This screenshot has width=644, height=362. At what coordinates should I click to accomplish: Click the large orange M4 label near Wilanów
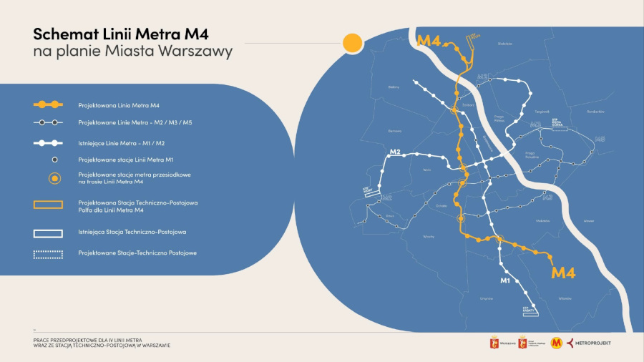(564, 272)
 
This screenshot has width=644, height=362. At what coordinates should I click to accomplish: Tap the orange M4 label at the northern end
(428, 40)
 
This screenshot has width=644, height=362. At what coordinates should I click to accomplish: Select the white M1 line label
(504, 280)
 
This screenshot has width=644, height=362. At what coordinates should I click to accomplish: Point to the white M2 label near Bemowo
(395, 152)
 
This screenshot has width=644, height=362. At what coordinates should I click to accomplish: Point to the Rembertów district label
(595, 112)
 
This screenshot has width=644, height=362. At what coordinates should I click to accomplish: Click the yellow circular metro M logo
(557, 343)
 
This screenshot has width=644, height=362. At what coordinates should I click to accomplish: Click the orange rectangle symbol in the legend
(48, 205)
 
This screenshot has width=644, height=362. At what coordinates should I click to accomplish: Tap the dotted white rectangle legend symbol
(48, 253)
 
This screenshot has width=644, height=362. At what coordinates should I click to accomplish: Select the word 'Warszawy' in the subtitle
(197, 52)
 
